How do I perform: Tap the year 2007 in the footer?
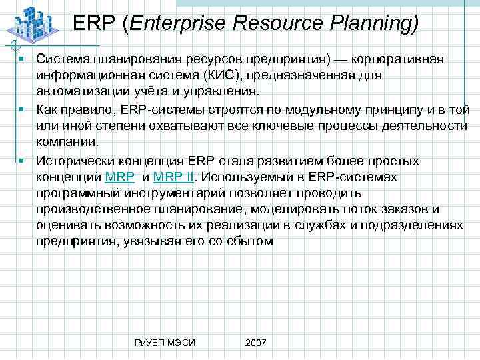255,342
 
